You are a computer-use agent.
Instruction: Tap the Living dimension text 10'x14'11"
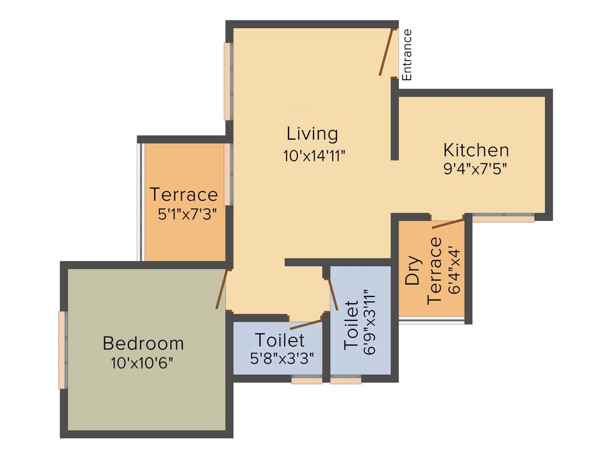314,155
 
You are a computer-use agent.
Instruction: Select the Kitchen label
475,150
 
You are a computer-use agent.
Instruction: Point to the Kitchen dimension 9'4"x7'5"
475,168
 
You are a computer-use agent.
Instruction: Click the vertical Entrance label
407,55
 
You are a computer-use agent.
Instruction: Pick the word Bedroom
143,344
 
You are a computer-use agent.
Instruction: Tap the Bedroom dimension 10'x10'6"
143,362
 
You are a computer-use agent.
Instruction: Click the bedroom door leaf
222,289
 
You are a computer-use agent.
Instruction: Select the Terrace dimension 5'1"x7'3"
186,214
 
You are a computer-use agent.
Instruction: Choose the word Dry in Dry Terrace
412,273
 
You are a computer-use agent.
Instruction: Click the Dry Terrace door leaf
448,223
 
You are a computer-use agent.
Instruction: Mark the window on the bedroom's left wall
62,350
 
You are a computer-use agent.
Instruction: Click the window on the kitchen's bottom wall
503,219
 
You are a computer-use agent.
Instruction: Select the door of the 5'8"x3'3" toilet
306,325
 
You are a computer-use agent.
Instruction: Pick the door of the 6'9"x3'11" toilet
333,293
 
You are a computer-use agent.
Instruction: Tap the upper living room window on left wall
228,81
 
